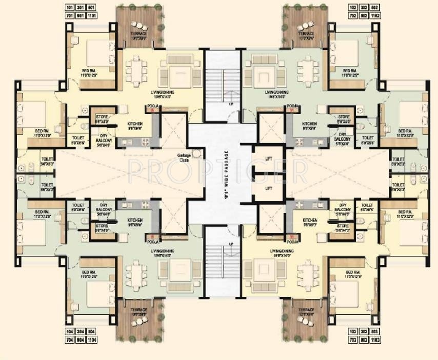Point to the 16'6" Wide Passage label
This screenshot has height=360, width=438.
pos(224,174)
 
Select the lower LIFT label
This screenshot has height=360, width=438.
pos(268,188)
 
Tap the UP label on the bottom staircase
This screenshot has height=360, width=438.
pos(231,243)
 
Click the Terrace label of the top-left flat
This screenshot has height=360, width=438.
pos(138,34)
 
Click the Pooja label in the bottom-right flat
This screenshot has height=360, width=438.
pos(293,241)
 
